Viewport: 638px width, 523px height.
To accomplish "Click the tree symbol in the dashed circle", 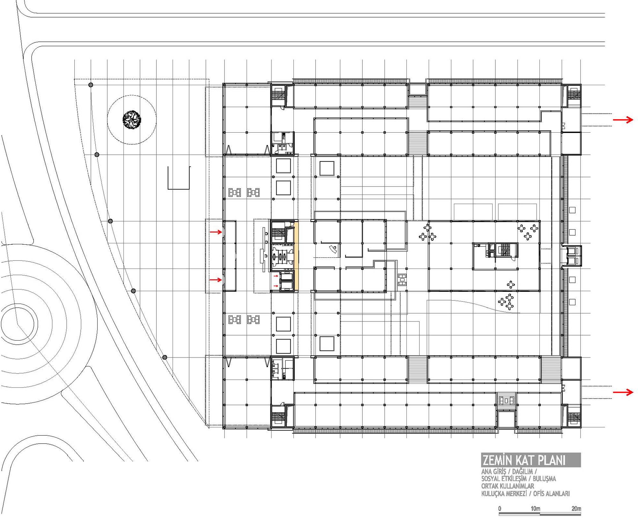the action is coord(132,120).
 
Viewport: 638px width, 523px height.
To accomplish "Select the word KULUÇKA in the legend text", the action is coord(493,494).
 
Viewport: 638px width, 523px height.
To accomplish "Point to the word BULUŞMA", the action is coord(544,479).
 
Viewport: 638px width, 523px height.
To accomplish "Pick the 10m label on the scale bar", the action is coord(535,508).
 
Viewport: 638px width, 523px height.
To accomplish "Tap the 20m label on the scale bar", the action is coord(576,508).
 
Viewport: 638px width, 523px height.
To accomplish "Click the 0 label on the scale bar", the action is coord(500,508).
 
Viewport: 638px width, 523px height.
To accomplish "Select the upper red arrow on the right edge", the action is coord(623,120).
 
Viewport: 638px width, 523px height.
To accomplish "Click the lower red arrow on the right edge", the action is coord(623,392).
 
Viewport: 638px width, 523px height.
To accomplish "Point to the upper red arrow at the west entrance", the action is coord(216,232).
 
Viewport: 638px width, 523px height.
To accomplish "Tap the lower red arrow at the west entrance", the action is coord(216,280).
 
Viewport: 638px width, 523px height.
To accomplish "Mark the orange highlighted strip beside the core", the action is coord(296,256).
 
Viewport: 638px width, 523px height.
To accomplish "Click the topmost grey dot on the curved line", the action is coord(91,85).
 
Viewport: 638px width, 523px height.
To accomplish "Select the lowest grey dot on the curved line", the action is coord(165,357).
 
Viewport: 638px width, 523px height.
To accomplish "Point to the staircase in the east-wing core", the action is coord(504,250).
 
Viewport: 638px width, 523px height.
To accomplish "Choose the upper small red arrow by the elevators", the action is coord(276,276).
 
